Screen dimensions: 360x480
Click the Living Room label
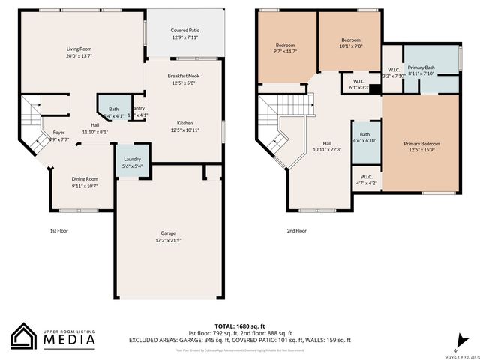tap(78, 48)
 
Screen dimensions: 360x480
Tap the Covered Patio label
tap(184, 31)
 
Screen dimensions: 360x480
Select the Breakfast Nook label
tap(184, 76)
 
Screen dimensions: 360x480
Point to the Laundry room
tap(132, 162)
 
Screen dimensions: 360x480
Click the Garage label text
tap(168, 233)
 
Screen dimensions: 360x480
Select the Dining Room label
tap(85, 179)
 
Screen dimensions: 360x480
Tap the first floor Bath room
tap(113, 112)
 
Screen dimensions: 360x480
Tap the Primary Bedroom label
tap(421, 144)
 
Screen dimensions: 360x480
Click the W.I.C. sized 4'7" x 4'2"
tap(364, 180)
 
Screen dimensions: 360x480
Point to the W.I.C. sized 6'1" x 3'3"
tap(358, 84)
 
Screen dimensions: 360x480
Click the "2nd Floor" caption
tap(296, 231)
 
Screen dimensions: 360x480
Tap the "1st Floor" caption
tap(58, 231)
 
